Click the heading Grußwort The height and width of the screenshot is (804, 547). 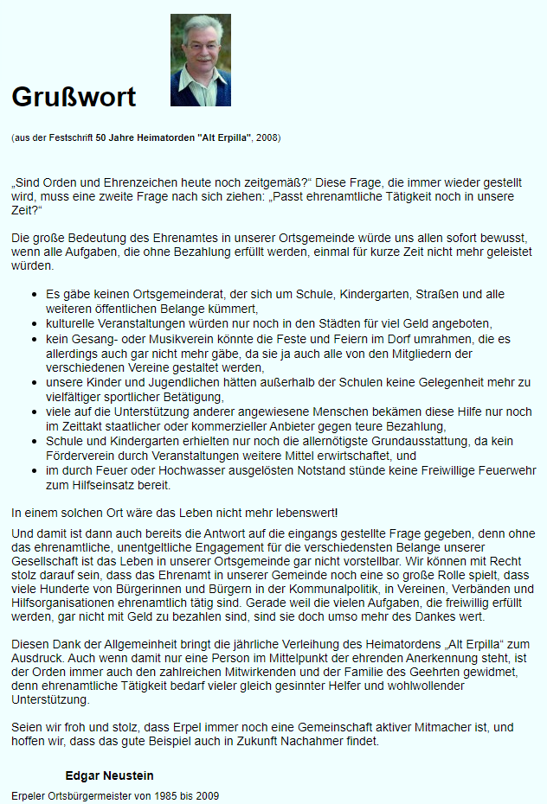click(x=74, y=97)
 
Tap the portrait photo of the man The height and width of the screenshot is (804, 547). click(x=200, y=60)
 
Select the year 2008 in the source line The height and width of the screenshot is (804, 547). click(x=268, y=138)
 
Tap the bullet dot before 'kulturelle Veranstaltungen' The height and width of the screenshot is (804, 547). click(x=34, y=322)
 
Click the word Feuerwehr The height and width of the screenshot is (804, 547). click(x=507, y=471)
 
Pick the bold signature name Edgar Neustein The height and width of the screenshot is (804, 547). click(x=109, y=775)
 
